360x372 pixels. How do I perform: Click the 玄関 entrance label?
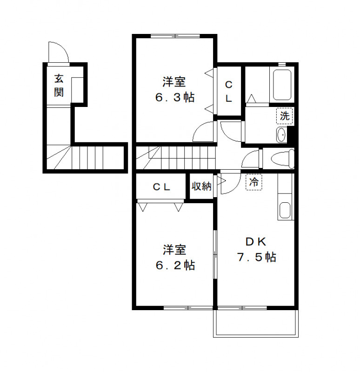click(59, 85)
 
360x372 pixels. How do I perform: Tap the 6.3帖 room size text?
click(174, 98)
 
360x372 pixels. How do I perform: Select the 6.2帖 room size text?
click(174, 266)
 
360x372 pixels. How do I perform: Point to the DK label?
click(255, 241)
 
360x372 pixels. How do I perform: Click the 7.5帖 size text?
click(257, 257)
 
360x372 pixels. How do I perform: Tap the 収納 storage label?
click(201, 186)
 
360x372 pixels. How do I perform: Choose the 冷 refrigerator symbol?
click(253, 182)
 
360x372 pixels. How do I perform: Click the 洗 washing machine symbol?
click(285, 116)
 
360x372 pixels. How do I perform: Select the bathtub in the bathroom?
click(282, 85)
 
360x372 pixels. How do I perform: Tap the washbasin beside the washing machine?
click(281, 135)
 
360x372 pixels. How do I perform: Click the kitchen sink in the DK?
click(284, 211)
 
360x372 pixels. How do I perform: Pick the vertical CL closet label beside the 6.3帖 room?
click(229, 92)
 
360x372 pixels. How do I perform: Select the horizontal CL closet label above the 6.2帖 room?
click(162, 187)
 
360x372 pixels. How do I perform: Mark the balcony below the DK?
click(255, 323)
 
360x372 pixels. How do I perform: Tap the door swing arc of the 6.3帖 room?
click(204, 133)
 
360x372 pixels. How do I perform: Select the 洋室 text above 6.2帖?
click(174, 250)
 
